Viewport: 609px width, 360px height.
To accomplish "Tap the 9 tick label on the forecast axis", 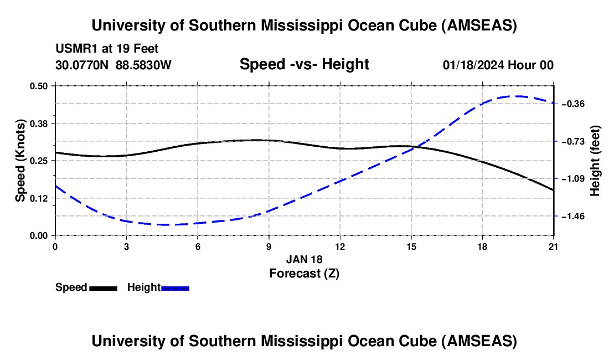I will [x=269, y=246].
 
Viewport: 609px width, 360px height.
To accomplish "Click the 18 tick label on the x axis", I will [x=482, y=246].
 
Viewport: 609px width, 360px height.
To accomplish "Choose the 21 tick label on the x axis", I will [x=554, y=246].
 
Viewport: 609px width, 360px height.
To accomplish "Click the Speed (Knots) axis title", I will [x=20, y=161].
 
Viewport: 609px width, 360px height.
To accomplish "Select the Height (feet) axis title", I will [x=595, y=161].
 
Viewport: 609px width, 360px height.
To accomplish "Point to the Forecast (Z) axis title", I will [x=304, y=273].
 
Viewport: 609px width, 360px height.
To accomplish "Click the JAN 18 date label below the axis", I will [x=304, y=259].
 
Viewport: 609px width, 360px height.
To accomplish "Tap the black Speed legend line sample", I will [x=103, y=288].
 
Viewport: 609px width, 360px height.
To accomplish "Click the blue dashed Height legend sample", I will [x=176, y=288].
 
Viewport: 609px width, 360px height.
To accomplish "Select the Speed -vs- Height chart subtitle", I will [x=304, y=64].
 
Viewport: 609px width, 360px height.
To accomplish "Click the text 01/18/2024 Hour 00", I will [x=498, y=65].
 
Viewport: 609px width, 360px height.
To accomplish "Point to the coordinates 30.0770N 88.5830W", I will [x=113, y=65].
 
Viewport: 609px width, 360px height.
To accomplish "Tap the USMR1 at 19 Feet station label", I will [x=107, y=49].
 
